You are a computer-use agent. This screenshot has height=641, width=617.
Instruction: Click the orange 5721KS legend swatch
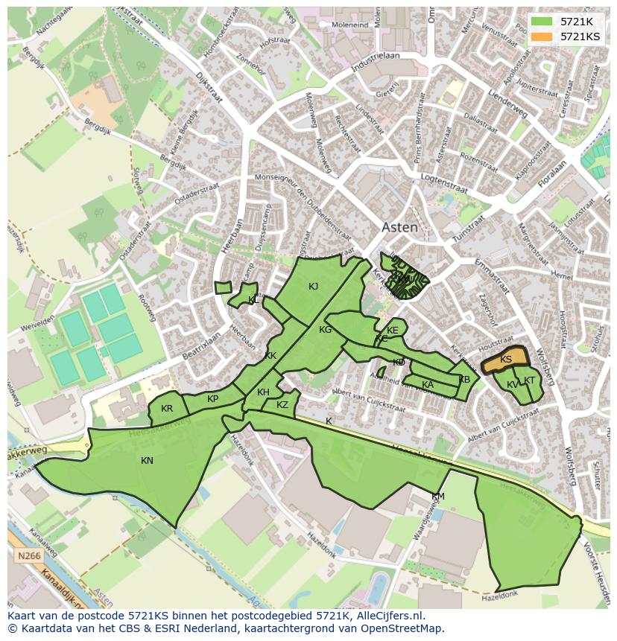(x=542, y=36)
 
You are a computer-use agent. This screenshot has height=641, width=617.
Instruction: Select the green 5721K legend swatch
(x=542, y=22)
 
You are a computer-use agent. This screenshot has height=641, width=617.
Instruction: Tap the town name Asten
(x=399, y=228)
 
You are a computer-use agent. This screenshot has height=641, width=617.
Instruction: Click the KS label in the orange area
(x=506, y=360)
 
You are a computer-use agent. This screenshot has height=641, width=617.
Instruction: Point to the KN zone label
(x=147, y=461)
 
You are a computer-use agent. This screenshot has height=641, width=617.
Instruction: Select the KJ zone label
(x=314, y=286)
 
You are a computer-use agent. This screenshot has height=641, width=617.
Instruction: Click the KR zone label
(x=167, y=409)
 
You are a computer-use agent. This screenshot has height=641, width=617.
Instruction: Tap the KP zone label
(x=213, y=399)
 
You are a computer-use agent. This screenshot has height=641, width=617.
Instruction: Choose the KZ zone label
(x=282, y=405)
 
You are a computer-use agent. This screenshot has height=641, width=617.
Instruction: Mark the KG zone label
(x=325, y=330)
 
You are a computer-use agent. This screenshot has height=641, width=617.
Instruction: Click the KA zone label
(x=428, y=385)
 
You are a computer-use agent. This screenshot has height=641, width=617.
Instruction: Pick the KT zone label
(x=530, y=380)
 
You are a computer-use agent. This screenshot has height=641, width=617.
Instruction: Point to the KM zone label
(x=438, y=497)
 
